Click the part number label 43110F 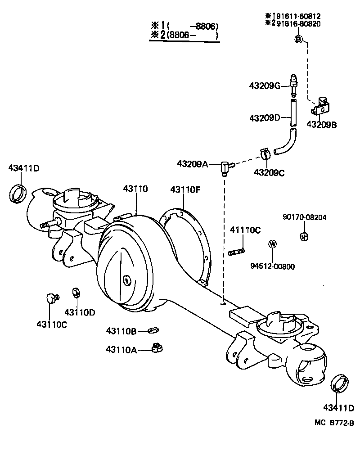coord(185,189)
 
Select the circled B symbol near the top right coord(298,40)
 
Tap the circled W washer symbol coord(272,244)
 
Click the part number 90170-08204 coord(305,217)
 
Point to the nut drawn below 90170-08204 coord(304,235)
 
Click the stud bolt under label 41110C coord(237,251)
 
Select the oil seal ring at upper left coord(18,193)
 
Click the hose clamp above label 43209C coord(265,154)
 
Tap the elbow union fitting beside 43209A coord(226,168)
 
